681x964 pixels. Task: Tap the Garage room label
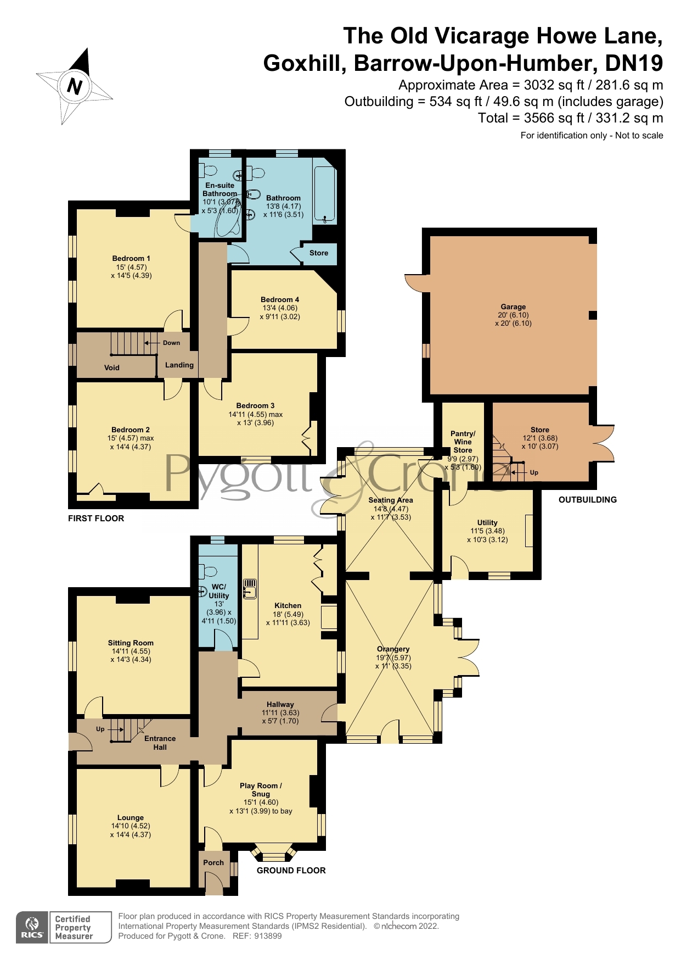[513, 307]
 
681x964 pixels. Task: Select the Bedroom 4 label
[280, 299]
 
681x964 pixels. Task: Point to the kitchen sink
[250, 588]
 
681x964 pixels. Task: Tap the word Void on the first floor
[112, 367]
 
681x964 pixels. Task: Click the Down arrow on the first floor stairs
[152, 343]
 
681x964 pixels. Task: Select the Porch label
[213, 862]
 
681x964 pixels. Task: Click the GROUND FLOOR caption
[291, 870]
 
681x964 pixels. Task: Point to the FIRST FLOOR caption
[96, 518]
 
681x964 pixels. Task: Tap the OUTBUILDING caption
[588, 499]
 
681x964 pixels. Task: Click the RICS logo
[32, 927]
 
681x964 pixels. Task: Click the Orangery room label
[393, 649]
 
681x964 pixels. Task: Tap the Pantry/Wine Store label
[463, 442]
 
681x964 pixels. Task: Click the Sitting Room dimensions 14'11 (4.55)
[131, 651]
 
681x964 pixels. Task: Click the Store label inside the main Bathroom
[319, 253]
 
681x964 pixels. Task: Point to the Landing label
[179, 365]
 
